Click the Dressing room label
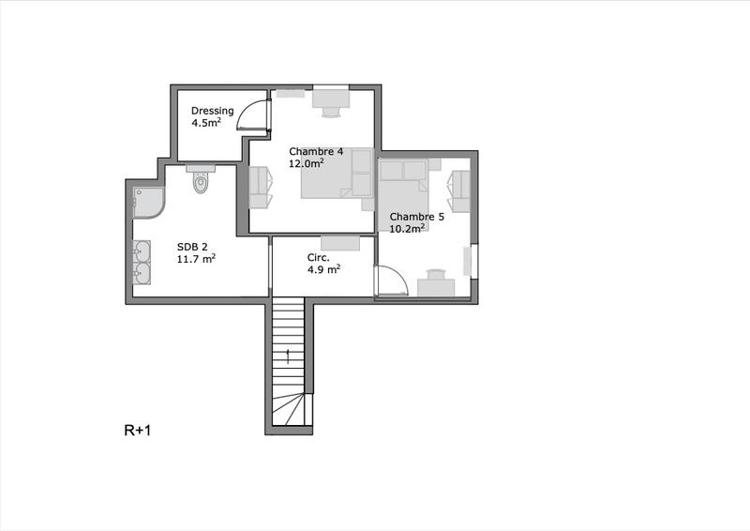(x=212, y=111)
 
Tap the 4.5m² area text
(x=206, y=123)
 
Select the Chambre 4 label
(x=316, y=151)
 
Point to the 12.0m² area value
(x=307, y=163)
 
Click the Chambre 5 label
(x=416, y=216)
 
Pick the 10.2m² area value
(x=408, y=228)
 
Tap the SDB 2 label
(x=193, y=247)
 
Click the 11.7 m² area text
(x=197, y=259)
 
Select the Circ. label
(x=317, y=257)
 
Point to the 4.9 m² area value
(x=323, y=269)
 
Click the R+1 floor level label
(x=138, y=432)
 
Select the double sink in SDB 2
(x=142, y=261)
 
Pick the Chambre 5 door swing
(x=389, y=282)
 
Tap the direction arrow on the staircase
(x=289, y=354)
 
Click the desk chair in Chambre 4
(x=330, y=111)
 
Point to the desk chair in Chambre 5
(x=434, y=274)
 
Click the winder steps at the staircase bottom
(x=289, y=411)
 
